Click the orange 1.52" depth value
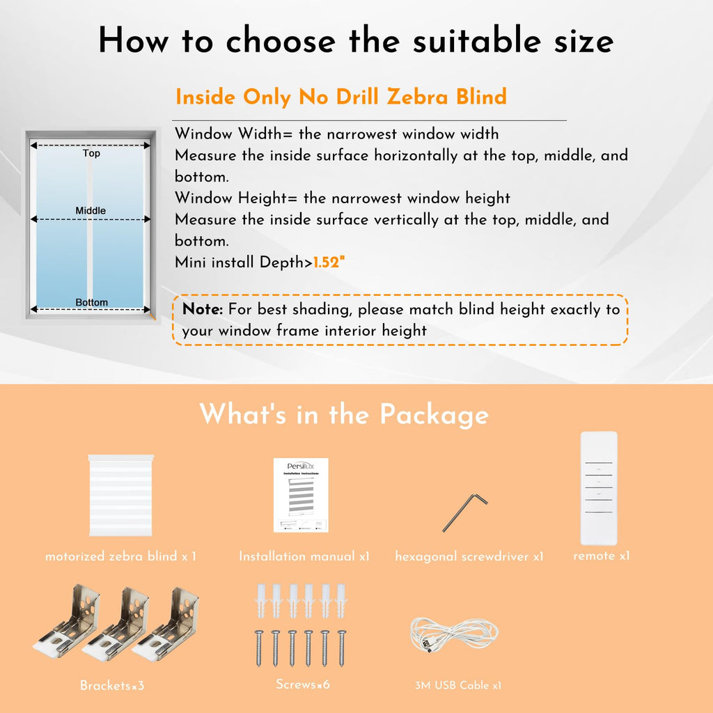coord(329,263)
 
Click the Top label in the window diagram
coord(91,153)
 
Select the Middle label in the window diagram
coord(91,210)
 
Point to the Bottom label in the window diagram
coord(91,302)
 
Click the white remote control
coord(599,488)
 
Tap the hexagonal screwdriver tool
coord(464,513)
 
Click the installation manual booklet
coord(301,495)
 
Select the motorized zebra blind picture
coord(121,495)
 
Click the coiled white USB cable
coord(454,634)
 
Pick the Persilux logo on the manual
coord(301,466)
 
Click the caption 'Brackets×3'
coord(112,685)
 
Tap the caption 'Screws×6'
coord(303,684)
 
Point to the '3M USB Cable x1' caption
coord(458,685)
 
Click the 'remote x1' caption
coord(601,556)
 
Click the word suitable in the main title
coord(477,40)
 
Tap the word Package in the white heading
coord(434,415)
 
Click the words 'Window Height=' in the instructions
coord(236,198)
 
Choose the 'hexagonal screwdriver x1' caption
coord(469,556)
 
